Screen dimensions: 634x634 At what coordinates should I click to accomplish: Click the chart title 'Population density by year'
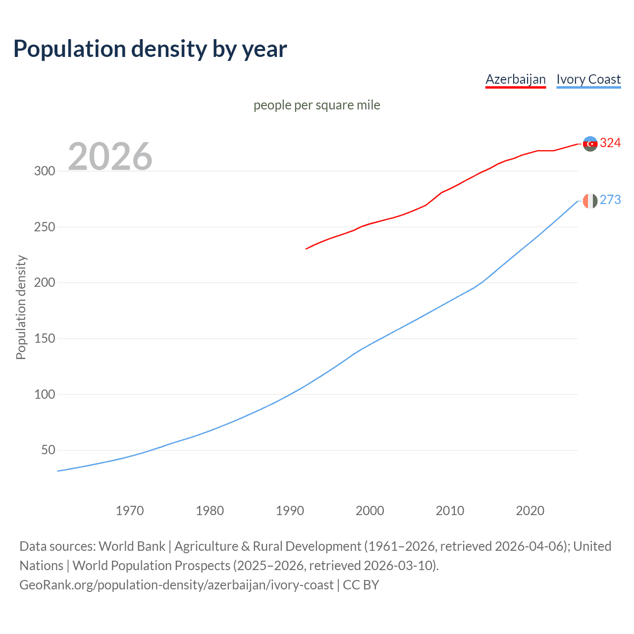point(150,49)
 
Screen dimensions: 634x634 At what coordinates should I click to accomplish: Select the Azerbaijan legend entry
point(516,79)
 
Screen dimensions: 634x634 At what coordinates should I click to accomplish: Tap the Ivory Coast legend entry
point(588,79)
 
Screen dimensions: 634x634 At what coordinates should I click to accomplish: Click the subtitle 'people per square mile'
point(317,105)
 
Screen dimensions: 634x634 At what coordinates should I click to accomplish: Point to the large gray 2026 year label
point(110,157)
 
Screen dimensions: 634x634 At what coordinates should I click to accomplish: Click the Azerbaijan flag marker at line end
point(590,144)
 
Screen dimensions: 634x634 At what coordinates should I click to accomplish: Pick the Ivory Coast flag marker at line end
point(590,201)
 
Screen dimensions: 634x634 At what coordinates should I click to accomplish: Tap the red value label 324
point(610,143)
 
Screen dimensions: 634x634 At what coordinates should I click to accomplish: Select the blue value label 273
point(610,200)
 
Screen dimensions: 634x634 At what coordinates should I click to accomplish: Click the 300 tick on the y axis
point(45,171)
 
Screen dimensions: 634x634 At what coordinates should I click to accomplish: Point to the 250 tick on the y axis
point(45,227)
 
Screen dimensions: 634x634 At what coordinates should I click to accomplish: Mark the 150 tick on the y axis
point(45,339)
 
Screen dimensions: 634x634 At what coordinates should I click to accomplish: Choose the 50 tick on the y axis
point(48,450)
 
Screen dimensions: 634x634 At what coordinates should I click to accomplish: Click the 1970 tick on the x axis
point(130,511)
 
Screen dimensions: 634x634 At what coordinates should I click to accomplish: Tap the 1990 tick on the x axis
point(290,511)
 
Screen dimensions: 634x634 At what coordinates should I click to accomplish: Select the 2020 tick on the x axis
point(530,511)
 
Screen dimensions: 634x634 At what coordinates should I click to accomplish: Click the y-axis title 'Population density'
point(21,307)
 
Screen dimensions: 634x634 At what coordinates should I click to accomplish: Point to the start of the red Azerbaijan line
point(307,249)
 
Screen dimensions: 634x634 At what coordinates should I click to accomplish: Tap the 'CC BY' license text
point(361,585)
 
